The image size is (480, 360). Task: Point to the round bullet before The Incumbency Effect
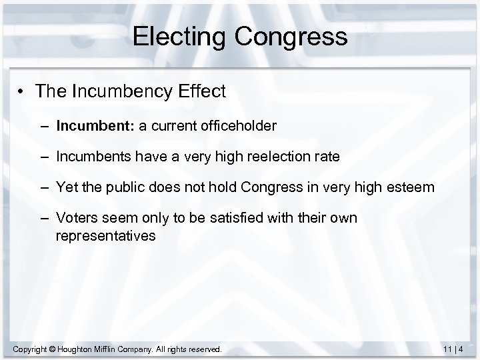pyautogui.click(x=22, y=92)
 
